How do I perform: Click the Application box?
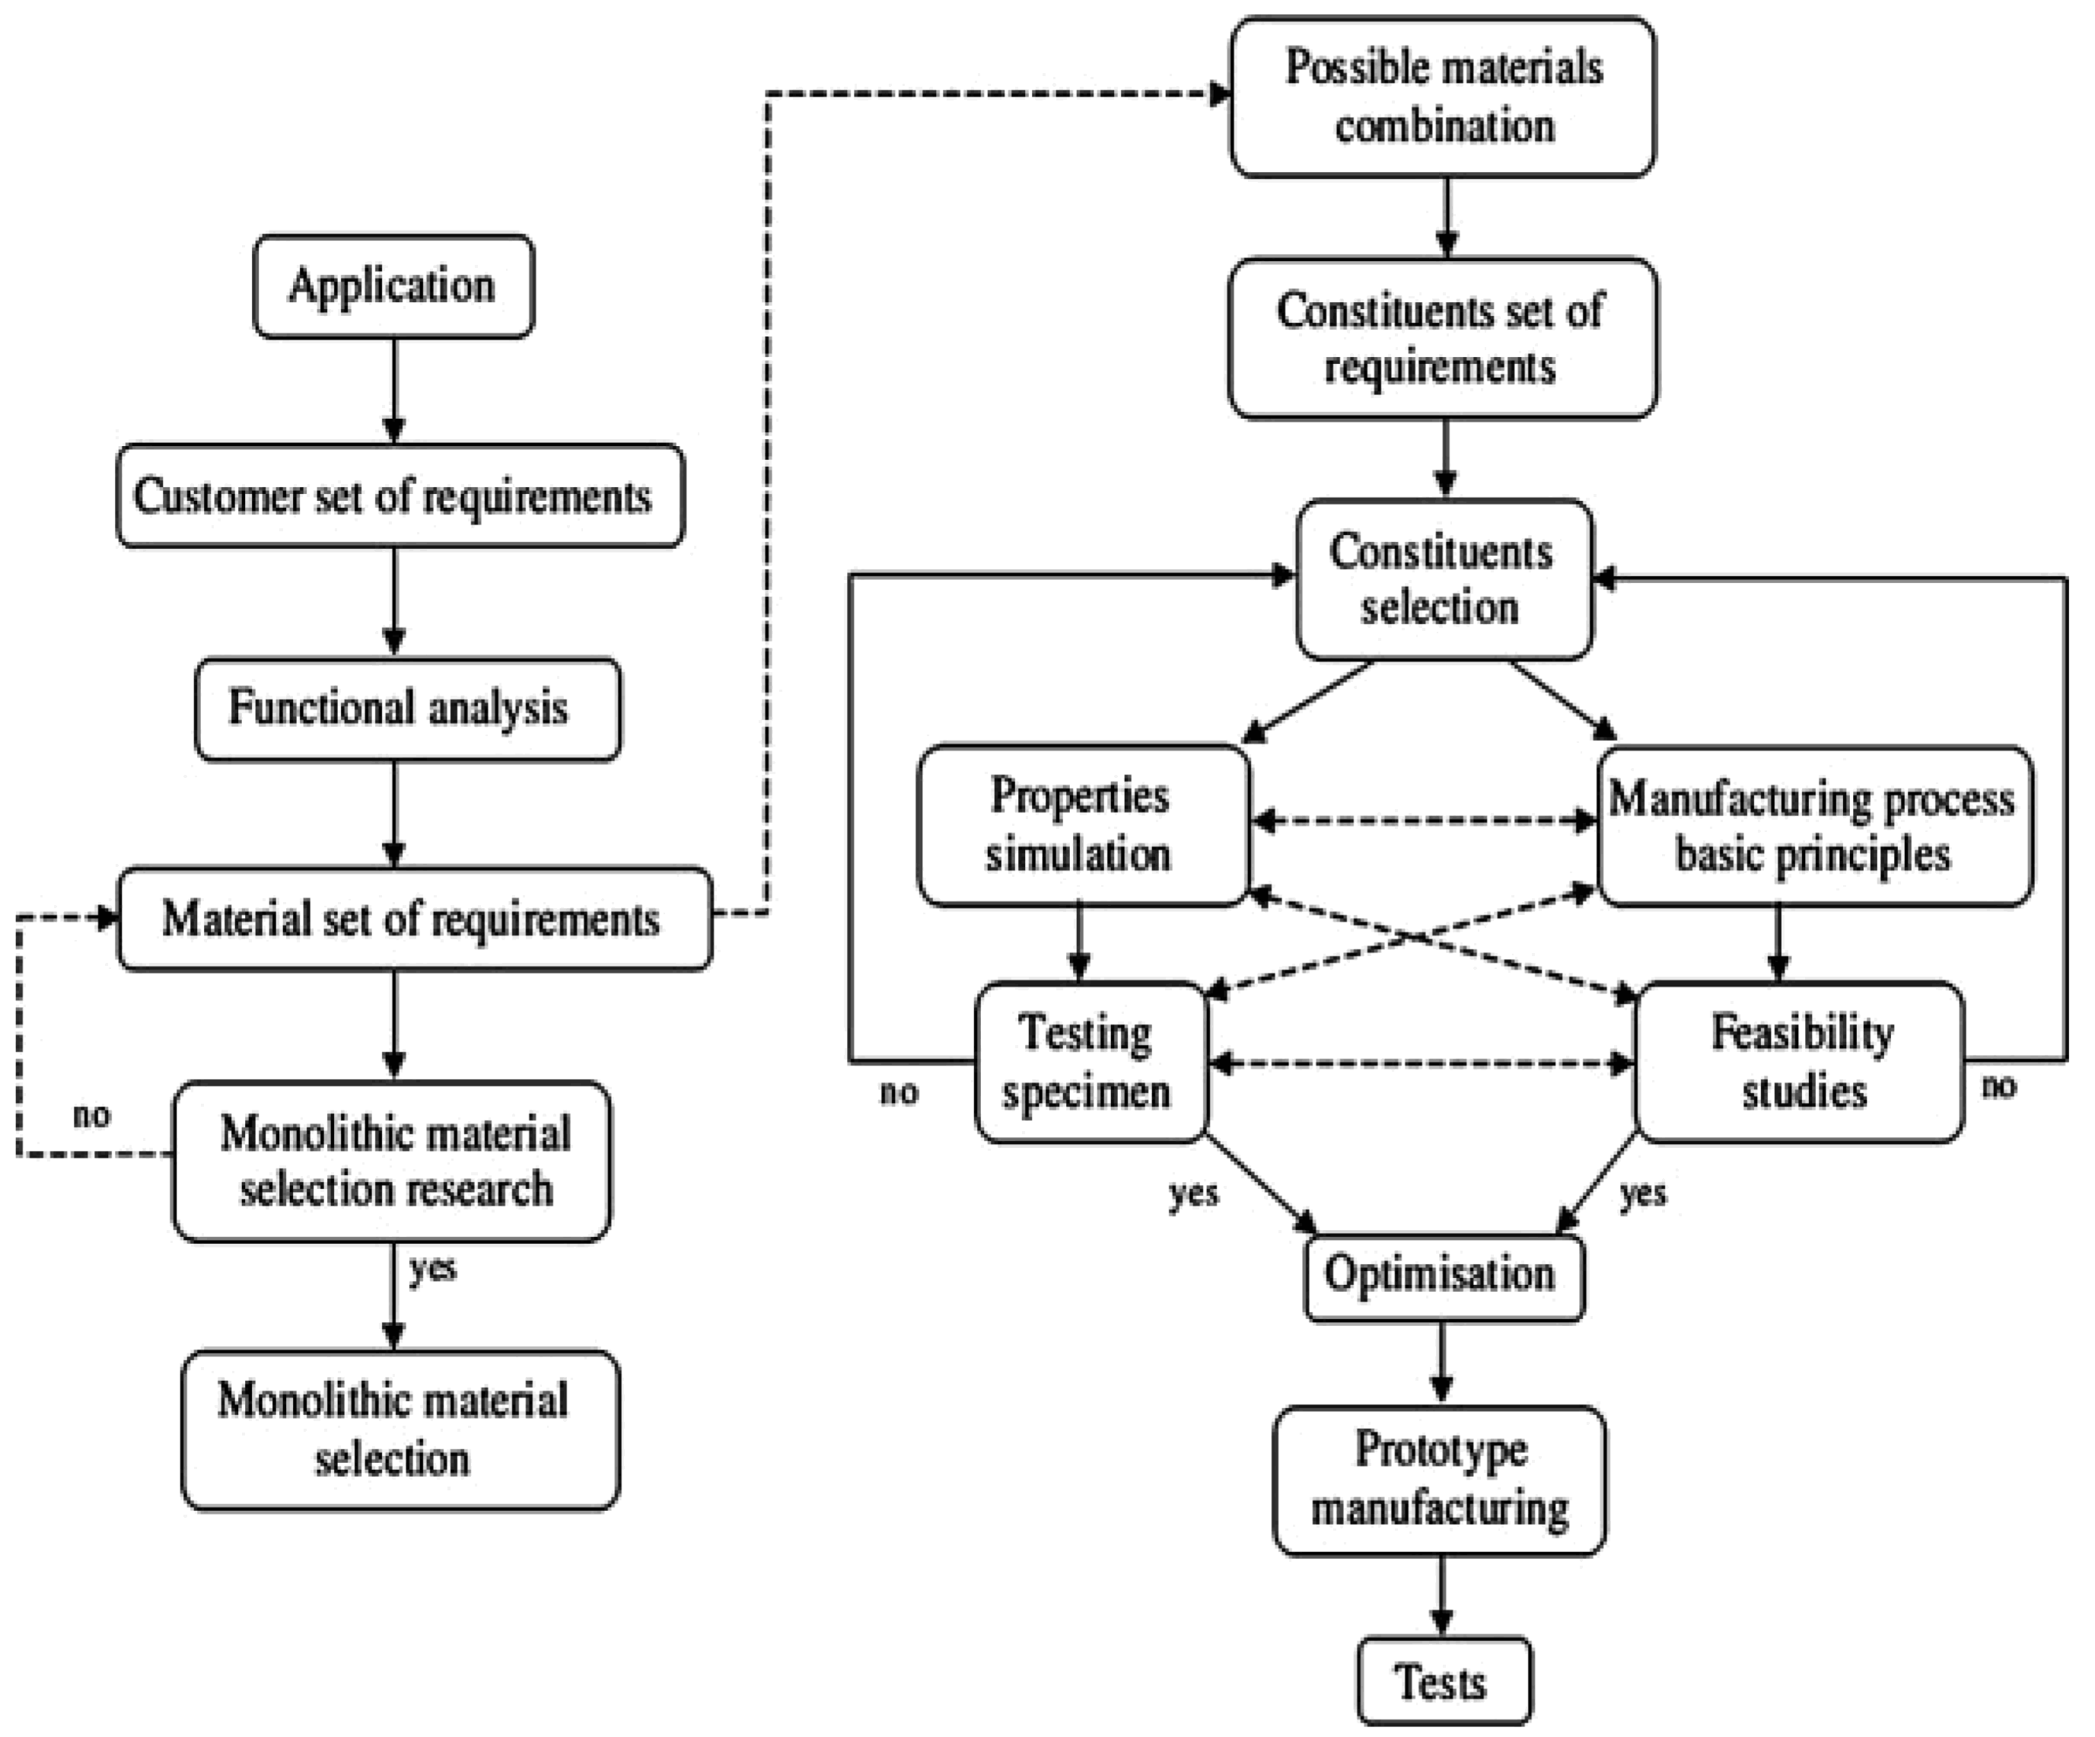click(x=393, y=286)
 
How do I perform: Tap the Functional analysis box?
click(x=407, y=709)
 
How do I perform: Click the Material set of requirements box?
click(x=414, y=919)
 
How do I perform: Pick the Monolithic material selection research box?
click(x=391, y=1162)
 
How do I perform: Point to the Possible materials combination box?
click(x=1443, y=97)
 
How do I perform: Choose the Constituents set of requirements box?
click(x=1443, y=338)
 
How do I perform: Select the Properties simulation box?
click(x=1082, y=825)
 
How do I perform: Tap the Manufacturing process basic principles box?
click(x=1813, y=826)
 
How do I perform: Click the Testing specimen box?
click(x=1090, y=1063)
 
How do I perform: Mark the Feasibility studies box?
click(x=1800, y=1063)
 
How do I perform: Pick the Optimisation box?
click(x=1443, y=1277)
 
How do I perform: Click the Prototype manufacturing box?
click(x=1440, y=1480)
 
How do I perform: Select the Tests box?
click(x=1443, y=1682)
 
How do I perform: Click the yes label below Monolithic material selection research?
click(x=432, y=1269)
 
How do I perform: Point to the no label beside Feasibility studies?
click(x=1998, y=1085)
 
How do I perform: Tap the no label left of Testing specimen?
click(x=899, y=1092)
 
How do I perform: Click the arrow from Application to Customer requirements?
click(x=394, y=390)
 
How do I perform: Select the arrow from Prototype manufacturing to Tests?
click(x=1441, y=1595)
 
